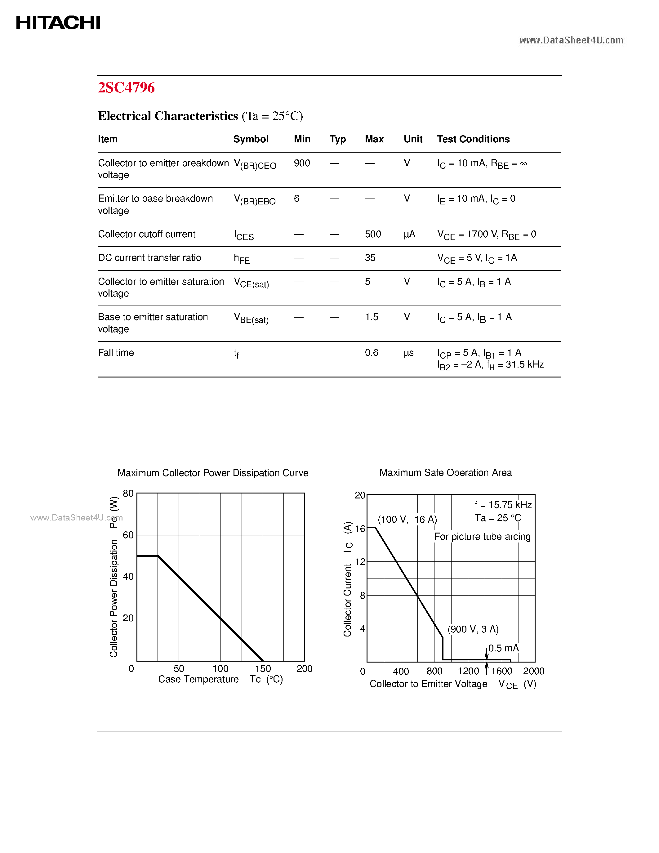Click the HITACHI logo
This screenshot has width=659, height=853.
coord(58,23)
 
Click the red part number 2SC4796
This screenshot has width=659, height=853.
coord(126,87)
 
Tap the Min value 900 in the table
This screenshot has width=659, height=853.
coord(302,163)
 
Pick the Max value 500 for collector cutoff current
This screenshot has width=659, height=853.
coord(373,234)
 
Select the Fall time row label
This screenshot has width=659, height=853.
coord(116,353)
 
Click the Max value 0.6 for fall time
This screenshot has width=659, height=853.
coord(371,353)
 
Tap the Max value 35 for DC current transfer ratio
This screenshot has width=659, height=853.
coord(370,258)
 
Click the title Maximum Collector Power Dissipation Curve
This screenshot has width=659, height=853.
coord(213,473)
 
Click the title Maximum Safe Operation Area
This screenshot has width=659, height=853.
coord(445,473)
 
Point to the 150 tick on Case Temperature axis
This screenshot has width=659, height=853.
coord(263,669)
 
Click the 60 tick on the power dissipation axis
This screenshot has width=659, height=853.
coord(128,535)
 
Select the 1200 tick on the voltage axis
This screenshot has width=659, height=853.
coord(468,671)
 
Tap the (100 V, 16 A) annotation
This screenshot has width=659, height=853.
coord(407,520)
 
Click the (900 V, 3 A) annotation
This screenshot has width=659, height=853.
coord(473,629)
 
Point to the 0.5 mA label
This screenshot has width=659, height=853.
coord(503,648)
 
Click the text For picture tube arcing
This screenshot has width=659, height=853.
coord(482,537)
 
